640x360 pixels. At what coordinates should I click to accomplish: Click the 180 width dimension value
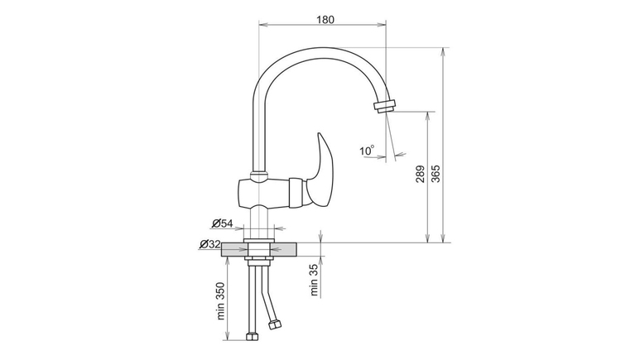pos(325,19)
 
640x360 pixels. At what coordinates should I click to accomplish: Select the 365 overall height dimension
pos(436,174)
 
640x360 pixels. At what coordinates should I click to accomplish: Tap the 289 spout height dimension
pos(421,174)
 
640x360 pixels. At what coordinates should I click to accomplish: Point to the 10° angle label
pos(367,150)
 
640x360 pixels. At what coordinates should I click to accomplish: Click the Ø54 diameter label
pos(222,223)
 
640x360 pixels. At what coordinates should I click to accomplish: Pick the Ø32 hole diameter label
pos(209,244)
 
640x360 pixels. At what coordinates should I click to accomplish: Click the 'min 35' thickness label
pos(314,280)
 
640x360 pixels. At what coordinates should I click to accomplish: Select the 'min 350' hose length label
pos(221,300)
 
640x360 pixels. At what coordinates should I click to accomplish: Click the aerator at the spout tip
pos(385,106)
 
